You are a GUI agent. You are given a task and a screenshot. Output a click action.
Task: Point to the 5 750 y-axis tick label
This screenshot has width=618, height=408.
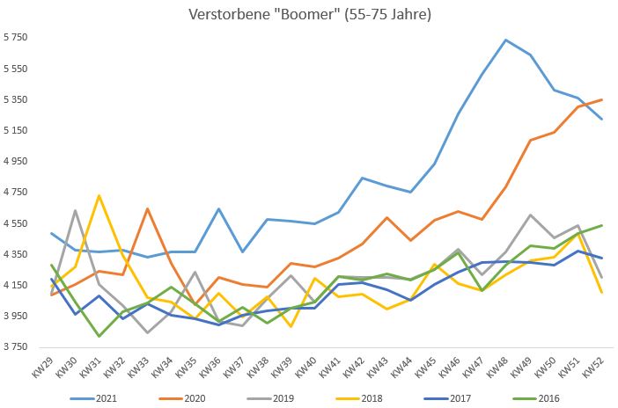point(18,38)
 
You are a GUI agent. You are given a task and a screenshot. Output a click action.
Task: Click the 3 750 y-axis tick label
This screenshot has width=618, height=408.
point(18,347)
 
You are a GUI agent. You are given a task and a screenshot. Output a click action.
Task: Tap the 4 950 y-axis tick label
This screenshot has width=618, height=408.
point(18,162)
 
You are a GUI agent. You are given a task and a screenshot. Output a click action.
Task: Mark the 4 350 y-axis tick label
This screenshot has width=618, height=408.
point(18,254)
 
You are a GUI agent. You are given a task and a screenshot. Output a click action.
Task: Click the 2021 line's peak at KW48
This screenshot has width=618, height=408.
point(505,40)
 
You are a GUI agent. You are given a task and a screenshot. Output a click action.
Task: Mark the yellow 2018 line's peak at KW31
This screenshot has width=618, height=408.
point(99,195)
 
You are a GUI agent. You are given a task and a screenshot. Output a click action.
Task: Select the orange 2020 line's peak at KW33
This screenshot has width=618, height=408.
point(146,208)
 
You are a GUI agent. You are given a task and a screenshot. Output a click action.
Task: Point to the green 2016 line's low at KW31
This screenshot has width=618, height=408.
point(99,336)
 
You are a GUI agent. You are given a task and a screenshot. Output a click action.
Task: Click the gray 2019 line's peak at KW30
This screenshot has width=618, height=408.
point(76,210)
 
